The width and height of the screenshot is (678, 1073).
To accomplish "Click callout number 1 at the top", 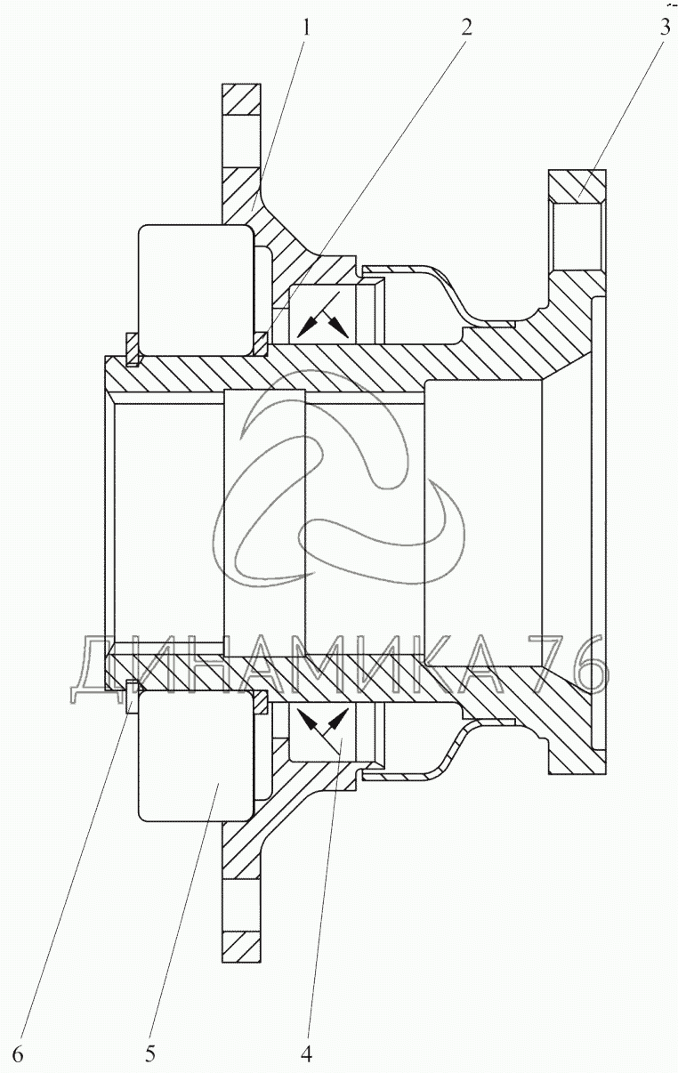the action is pos(307,26).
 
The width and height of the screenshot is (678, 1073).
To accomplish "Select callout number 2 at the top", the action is pos(465,26).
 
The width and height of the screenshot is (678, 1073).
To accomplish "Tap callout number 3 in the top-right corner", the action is pos(665,26).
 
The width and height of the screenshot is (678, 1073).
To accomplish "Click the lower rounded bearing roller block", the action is pos(195,756).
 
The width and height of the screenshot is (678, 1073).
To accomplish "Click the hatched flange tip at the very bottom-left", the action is pos(241,945).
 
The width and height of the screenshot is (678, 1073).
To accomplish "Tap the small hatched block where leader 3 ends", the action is pos(577,184).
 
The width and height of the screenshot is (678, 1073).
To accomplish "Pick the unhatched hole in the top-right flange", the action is pos(577,233).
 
